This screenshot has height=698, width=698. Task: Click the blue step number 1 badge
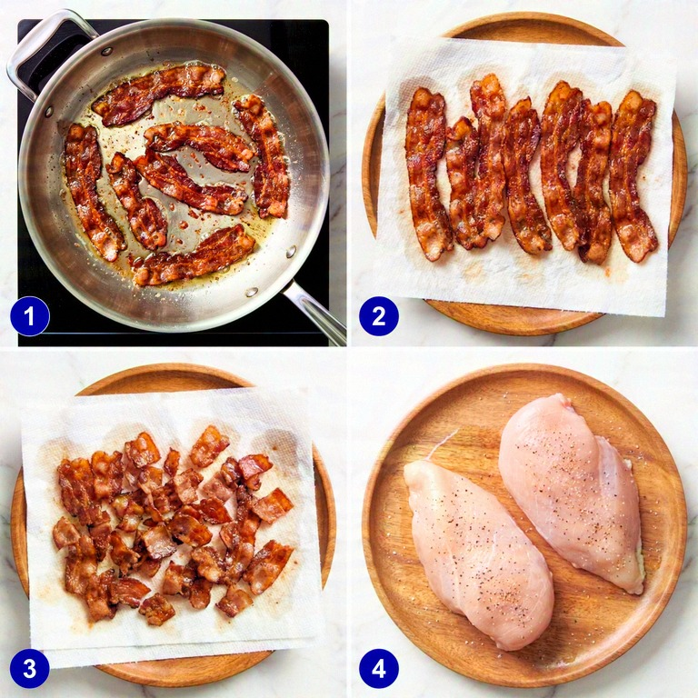[x=29, y=316]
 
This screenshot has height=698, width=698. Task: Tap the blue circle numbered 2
[x=379, y=316]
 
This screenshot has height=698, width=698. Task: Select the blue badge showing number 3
[x=29, y=668]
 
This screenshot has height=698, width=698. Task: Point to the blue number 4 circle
[x=379, y=668]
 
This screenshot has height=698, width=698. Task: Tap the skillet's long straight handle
[x=317, y=313]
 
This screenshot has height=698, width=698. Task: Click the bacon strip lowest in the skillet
[x=194, y=257]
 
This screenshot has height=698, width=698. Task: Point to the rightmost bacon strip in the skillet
[x=264, y=155]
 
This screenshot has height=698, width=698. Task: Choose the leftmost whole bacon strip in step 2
[x=427, y=174]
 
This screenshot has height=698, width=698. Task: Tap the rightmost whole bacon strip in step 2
[x=633, y=175]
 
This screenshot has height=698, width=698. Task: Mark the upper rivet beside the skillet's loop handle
[x=106, y=51]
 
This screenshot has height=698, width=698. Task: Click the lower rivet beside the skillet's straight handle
[x=252, y=292]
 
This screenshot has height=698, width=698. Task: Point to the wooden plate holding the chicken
[x=525, y=526]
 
